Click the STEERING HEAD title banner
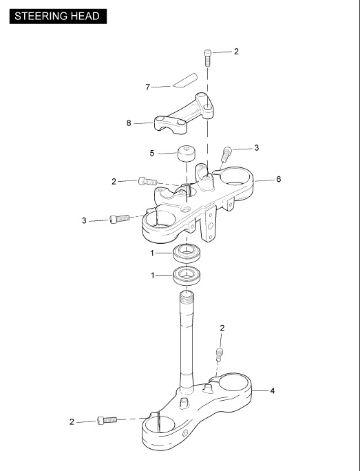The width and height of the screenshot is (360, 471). pos(58,17)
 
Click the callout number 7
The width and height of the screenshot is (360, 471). pos(147,87)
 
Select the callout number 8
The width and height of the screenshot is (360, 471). pos(129,123)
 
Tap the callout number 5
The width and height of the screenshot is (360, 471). pos(152,153)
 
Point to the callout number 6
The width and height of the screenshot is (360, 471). pos(279,179)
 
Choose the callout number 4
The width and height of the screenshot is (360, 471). pos(273,391)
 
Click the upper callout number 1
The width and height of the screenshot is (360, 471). pos(152,253)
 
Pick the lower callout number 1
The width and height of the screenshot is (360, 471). pos(153,275)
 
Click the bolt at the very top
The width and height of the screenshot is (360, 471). pos(207,59)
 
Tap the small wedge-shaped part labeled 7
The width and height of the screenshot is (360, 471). pos(184,80)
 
